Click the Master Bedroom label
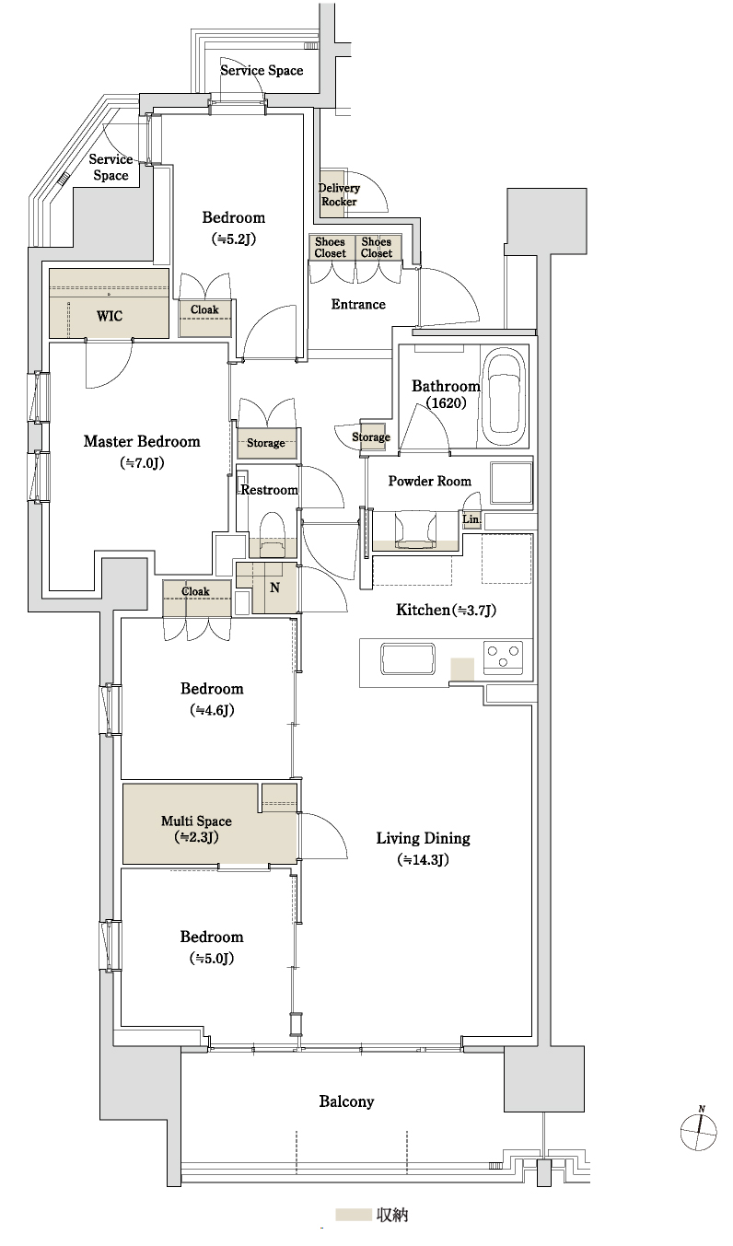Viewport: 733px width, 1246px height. (141, 442)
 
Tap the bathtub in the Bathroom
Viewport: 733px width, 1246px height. (505, 394)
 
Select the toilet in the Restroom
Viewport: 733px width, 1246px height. (272, 533)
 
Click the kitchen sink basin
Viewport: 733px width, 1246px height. (408, 659)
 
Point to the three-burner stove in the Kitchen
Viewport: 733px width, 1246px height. (502, 657)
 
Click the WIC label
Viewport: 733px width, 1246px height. (109, 316)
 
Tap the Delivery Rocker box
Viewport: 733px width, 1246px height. (338, 194)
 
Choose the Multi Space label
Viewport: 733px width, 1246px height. (195, 821)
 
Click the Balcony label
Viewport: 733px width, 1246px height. (346, 1101)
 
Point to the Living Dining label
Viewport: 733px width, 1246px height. (423, 838)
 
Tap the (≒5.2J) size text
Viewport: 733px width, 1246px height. (233, 238)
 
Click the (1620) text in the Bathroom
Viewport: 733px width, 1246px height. (446, 402)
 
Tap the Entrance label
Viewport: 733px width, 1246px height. (357, 304)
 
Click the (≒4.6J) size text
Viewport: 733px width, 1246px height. (212, 710)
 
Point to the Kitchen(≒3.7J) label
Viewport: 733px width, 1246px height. (446, 610)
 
